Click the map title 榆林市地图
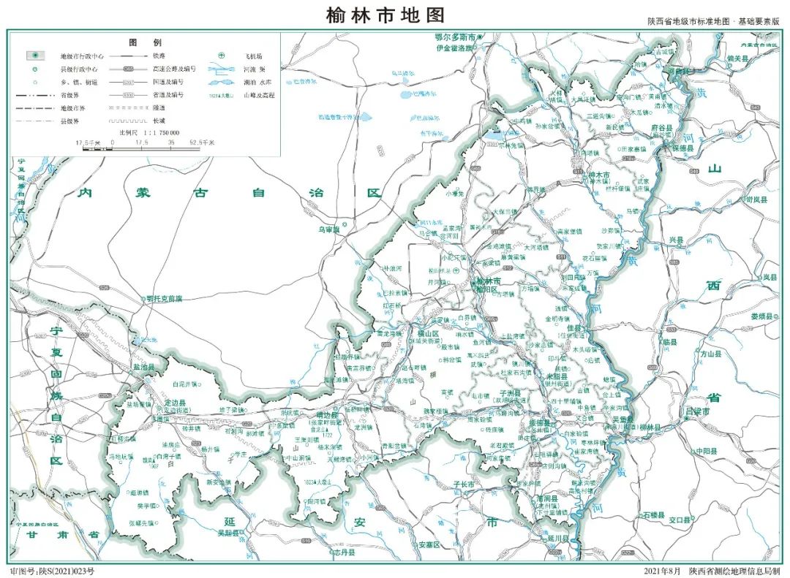pos(385,15)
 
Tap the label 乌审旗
pos(330,229)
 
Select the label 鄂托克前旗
pos(164,298)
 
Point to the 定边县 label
pos(174,403)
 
